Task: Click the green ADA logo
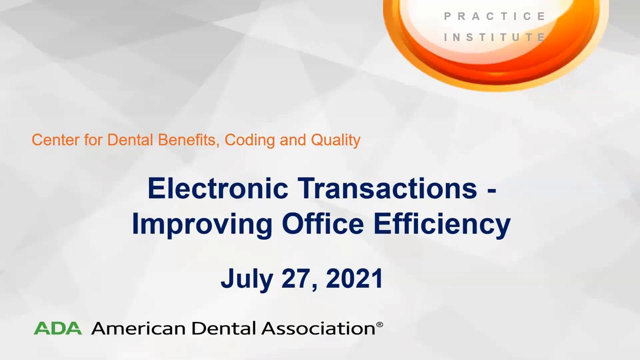(x=57, y=328)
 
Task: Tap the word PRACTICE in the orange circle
(x=495, y=16)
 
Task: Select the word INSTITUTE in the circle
(x=495, y=37)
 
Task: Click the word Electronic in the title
(x=218, y=188)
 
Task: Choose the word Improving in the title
(x=202, y=224)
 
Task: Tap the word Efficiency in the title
(x=442, y=224)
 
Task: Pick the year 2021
(x=354, y=278)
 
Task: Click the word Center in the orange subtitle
(x=55, y=140)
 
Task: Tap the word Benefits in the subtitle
(x=188, y=140)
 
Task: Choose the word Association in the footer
(x=318, y=328)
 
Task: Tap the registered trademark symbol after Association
(x=379, y=324)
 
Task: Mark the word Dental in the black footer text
(x=223, y=328)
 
